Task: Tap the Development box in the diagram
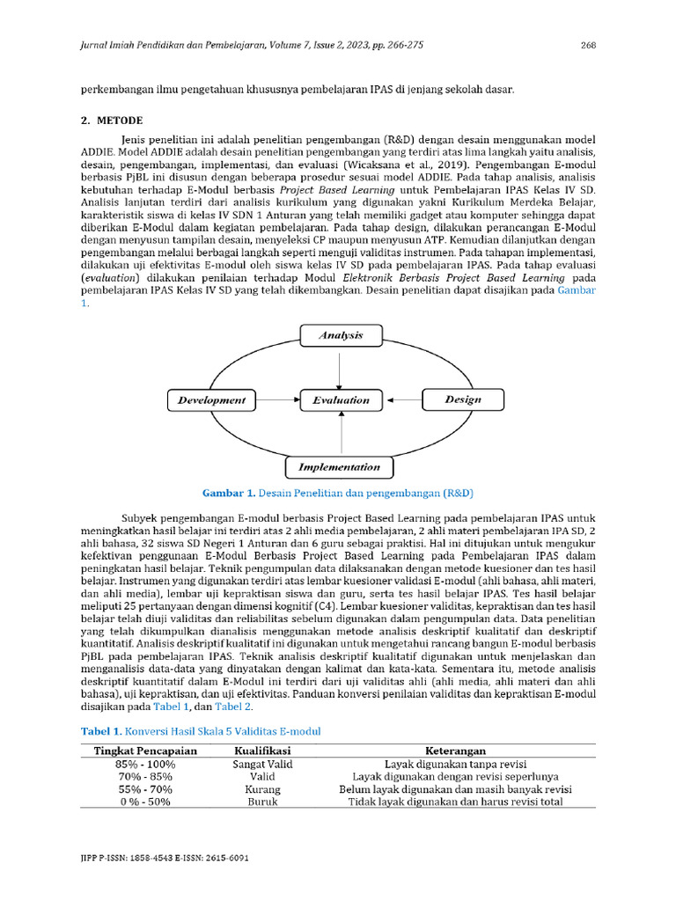(x=211, y=400)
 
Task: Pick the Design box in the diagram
(x=463, y=400)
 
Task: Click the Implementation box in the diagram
(x=339, y=466)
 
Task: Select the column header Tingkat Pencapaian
(x=145, y=751)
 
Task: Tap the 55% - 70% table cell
(x=145, y=789)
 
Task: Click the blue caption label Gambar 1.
(x=229, y=492)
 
